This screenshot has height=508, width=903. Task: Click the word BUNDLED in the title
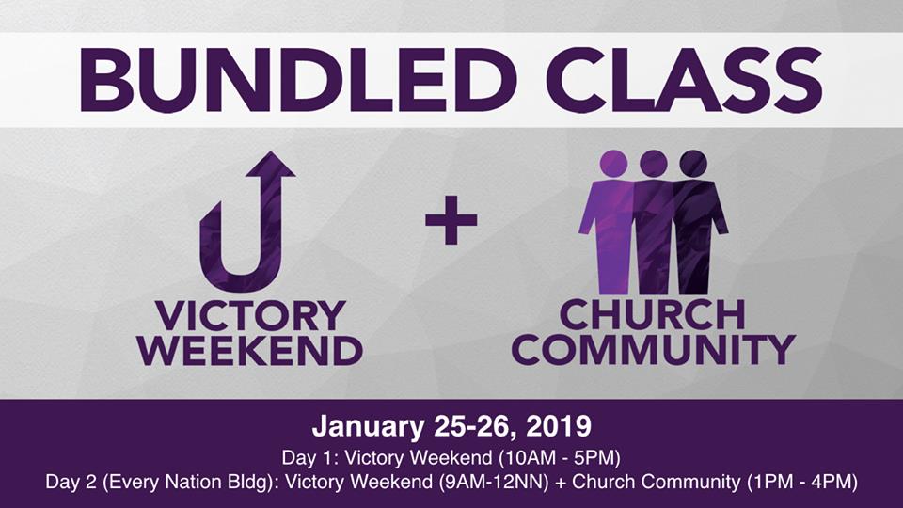[x=298, y=79]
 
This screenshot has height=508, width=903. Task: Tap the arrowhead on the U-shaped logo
[x=271, y=166]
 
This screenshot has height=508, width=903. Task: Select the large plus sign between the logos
[x=451, y=219]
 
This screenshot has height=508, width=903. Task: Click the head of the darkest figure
[x=693, y=164]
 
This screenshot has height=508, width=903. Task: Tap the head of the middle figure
[x=653, y=164]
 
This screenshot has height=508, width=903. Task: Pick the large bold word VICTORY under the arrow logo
[x=250, y=316]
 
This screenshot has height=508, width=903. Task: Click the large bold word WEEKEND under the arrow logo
[x=250, y=350]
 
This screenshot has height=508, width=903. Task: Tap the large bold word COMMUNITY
[x=653, y=349]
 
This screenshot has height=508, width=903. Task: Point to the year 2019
[x=559, y=427]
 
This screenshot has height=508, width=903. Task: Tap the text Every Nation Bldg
[x=187, y=482]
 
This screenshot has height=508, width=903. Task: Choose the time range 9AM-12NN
[x=493, y=482]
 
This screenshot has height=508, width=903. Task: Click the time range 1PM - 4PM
[x=801, y=482]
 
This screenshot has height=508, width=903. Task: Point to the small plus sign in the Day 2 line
[x=560, y=483]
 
